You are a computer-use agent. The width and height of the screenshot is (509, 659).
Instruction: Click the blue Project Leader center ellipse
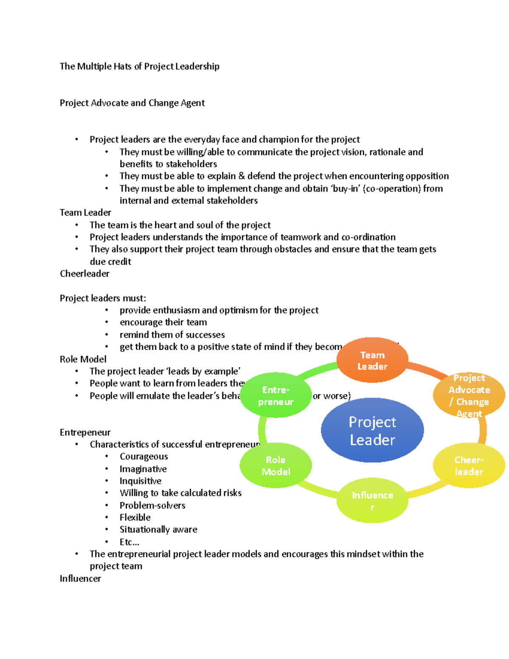click(372, 430)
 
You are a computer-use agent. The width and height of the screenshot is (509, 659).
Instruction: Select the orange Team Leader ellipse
click(372, 360)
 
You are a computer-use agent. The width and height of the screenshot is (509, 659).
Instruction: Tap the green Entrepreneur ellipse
click(276, 395)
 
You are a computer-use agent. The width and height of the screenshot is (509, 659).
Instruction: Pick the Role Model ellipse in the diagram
click(276, 466)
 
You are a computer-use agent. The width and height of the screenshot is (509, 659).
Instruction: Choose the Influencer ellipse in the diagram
click(372, 501)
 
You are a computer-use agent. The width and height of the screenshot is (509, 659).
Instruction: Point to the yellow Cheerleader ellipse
click(469, 466)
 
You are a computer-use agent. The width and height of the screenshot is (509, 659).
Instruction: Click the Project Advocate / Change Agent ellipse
click(469, 395)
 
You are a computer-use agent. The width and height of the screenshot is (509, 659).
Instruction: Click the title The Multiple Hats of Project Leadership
click(140, 66)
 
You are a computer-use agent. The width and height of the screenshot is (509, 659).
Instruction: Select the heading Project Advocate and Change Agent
click(132, 103)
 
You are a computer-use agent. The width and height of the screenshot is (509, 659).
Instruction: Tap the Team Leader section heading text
click(85, 212)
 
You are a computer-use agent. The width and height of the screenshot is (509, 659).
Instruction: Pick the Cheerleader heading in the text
click(84, 273)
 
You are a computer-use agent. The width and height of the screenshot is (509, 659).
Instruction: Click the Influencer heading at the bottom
click(80, 578)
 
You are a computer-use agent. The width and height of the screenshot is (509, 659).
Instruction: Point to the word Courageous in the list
click(143, 456)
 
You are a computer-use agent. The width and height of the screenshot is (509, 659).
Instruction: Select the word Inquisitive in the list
click(140, 481)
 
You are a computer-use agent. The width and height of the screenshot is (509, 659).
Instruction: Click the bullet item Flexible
click(135, 517)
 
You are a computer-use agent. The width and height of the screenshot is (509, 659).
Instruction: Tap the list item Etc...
click(129, 542)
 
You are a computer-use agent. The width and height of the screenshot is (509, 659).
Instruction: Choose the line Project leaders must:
click(103, 298)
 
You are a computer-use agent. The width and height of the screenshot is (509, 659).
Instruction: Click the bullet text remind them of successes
click(172, 334)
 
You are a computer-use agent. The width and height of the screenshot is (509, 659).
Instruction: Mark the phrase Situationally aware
click(158, 529)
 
